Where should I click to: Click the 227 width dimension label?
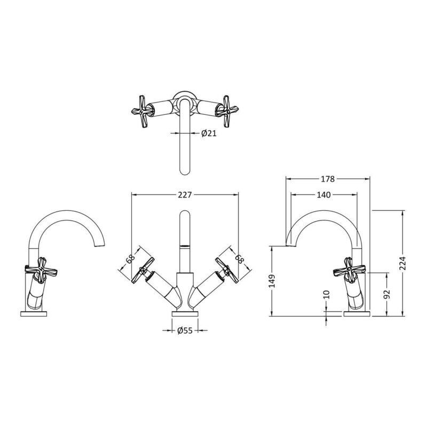click(185, 195)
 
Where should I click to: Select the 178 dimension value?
click(328, 179)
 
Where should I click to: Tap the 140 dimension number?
click(324, 195)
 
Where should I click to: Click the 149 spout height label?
click(272, 281)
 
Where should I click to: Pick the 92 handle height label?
click(387, 294)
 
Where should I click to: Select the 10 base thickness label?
click(327, 295)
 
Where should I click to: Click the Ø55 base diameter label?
click(185, 330)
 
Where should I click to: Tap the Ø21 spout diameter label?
click(209, 133)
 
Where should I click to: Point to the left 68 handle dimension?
click(130, 258)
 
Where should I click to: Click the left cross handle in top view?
click(142, 111)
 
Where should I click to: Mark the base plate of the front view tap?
click(185, 314)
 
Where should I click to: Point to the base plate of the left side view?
click(34, 314)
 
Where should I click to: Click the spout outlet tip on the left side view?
click(100, 246)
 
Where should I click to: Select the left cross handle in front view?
click(143, 270)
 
